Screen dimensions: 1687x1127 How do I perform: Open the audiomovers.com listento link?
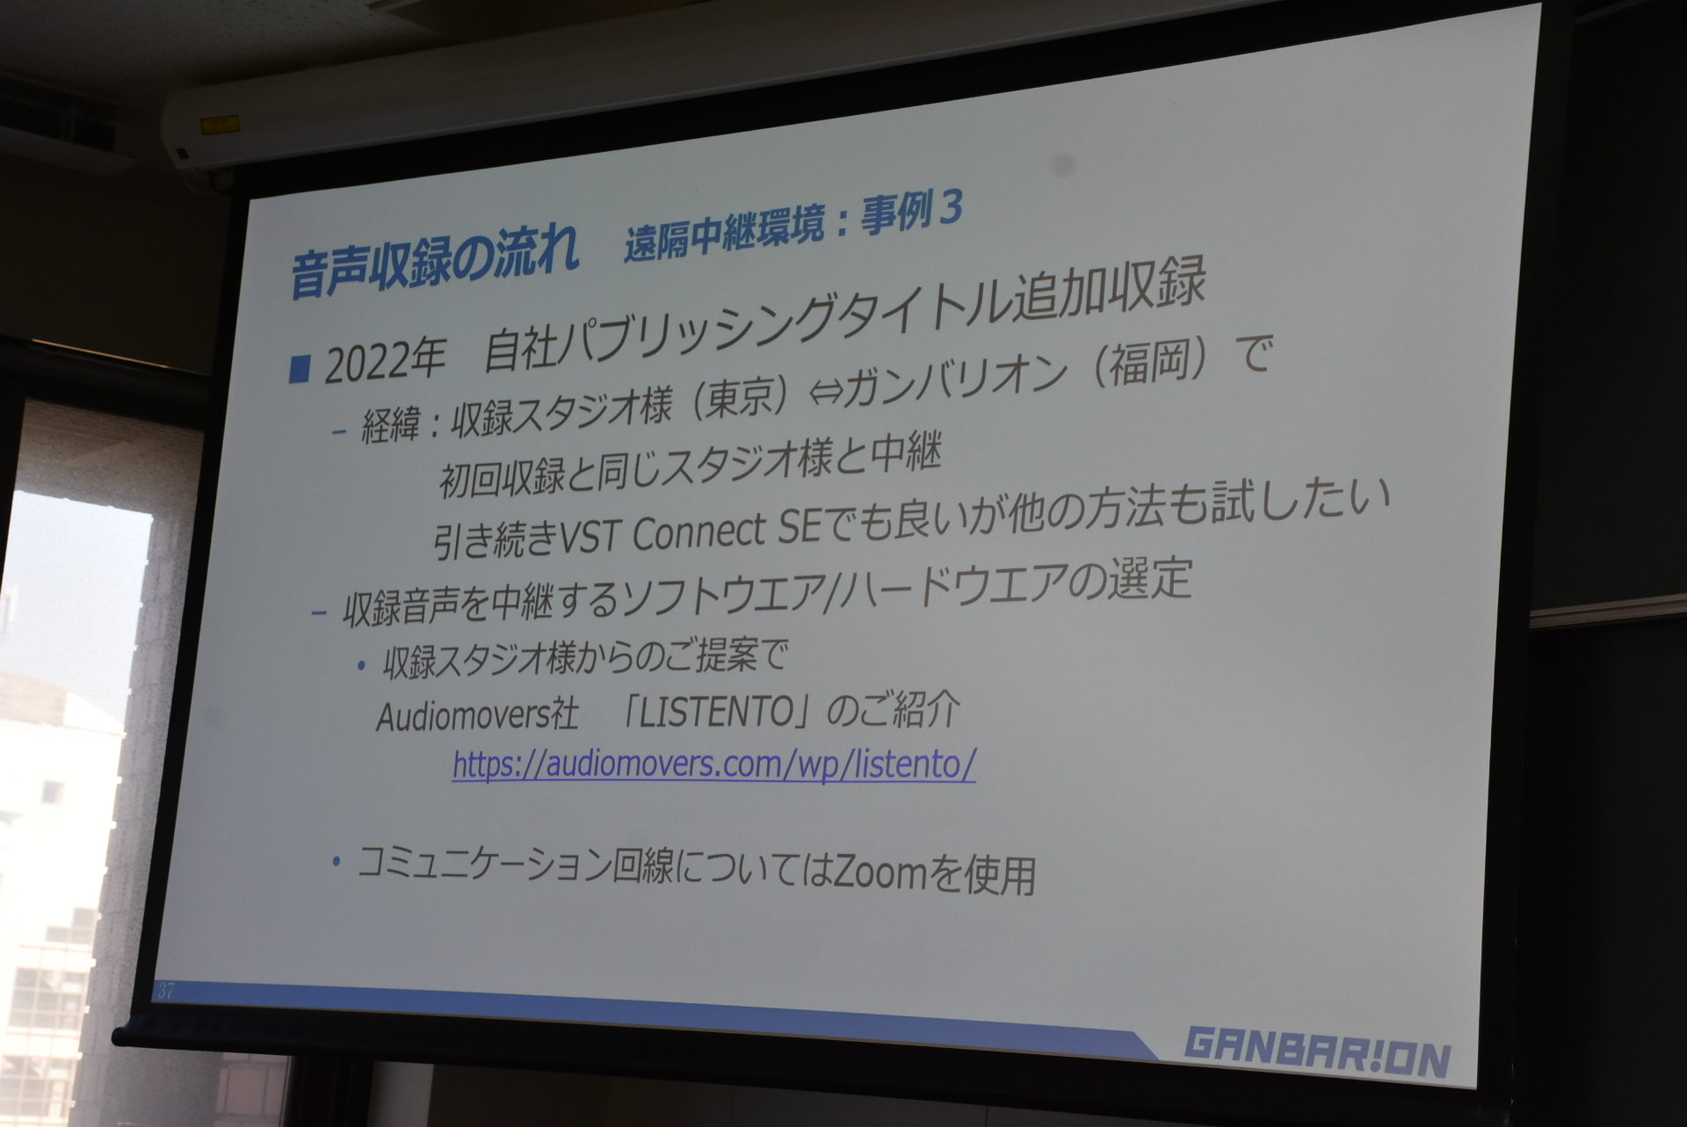713,763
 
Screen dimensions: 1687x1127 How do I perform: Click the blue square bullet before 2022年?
300,369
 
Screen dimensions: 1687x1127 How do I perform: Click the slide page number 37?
166,991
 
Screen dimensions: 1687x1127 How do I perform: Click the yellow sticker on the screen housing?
214,126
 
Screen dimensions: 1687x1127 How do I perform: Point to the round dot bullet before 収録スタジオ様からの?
361,666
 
